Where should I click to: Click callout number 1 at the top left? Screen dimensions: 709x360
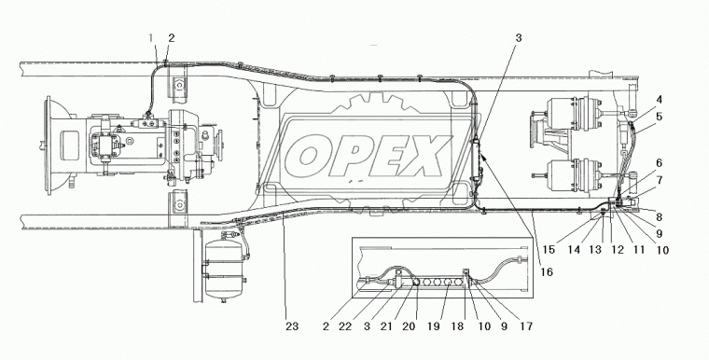[x=151, y=38]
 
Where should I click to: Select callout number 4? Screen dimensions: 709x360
[x=660, y=100]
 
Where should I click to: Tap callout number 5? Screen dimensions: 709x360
[x=660, y=117]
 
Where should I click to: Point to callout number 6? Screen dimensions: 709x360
[x=660, y=163]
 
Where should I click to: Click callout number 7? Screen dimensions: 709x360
[x=660, y=180]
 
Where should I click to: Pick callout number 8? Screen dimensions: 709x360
[x=660, y=217]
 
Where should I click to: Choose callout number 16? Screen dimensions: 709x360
[x=547, y=271]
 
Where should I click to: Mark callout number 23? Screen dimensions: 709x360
[x=292, y=326]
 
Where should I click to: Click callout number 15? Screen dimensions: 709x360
[x=549, y=250]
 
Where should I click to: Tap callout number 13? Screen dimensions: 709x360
[x=595, y=250]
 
